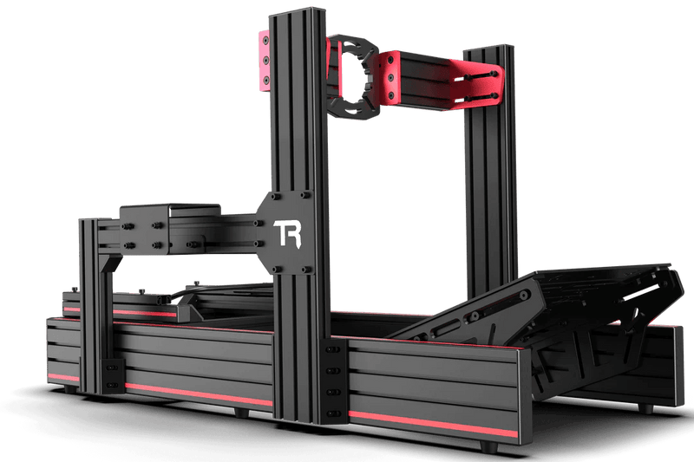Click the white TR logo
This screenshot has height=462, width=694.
tap(289, 232)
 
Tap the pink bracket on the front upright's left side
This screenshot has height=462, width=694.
tap(262, 61)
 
